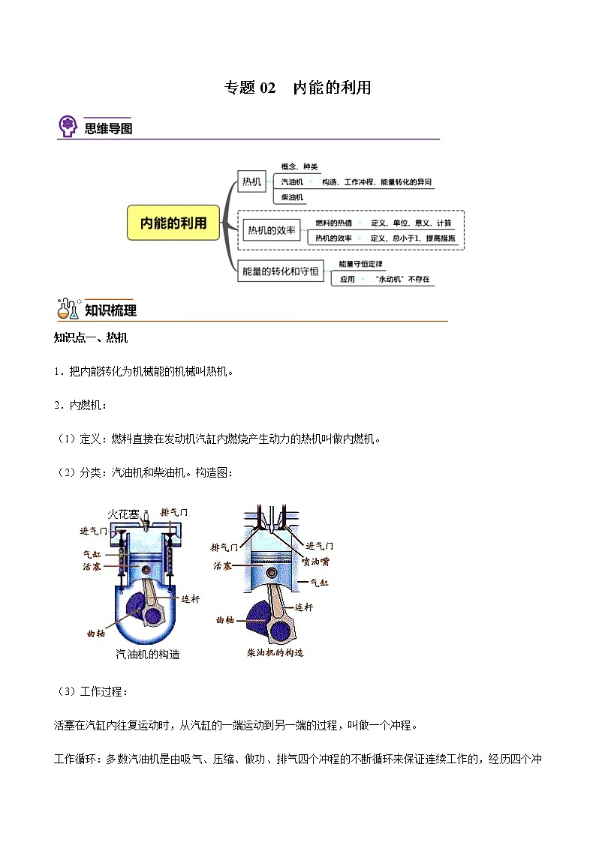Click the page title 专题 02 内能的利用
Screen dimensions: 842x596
point(298,88)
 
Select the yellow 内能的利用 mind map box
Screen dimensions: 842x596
point(173,223)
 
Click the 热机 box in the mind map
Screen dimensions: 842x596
point(251,181)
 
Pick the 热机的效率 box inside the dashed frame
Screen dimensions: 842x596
point(272,230)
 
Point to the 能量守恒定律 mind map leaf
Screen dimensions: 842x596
point(361,264)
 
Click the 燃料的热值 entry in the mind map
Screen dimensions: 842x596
point(332,223)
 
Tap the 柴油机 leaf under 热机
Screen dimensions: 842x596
point(292,197)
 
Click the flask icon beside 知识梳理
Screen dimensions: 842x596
point(68,310)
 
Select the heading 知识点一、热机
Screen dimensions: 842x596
point(91,338)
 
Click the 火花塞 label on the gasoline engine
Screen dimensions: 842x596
point(122,514)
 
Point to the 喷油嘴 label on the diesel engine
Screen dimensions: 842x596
point(316,561)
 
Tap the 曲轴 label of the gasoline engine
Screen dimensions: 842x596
point(95,633)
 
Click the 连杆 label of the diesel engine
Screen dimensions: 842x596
point(304,607)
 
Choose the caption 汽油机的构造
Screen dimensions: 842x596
point(148,654)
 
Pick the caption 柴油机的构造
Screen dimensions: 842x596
point(275,653)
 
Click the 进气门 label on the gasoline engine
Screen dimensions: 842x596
point(95,531)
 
